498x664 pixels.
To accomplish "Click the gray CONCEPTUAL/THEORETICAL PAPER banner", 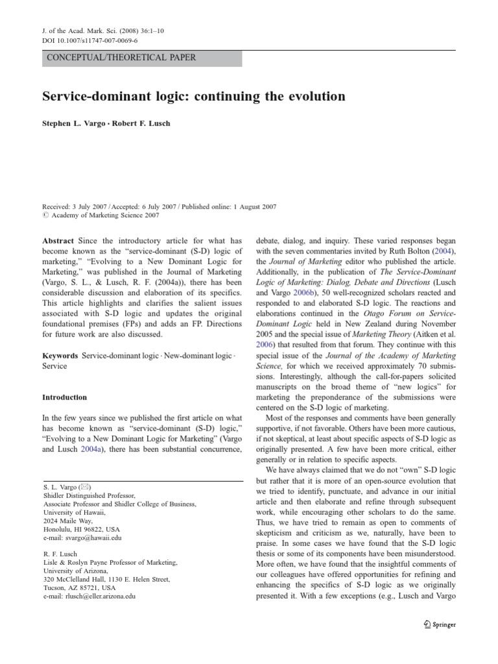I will (x=142, y=58).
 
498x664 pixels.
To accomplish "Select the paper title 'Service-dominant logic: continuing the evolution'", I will (x=194, y=97).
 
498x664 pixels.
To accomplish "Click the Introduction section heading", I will (x=65, y=397).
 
